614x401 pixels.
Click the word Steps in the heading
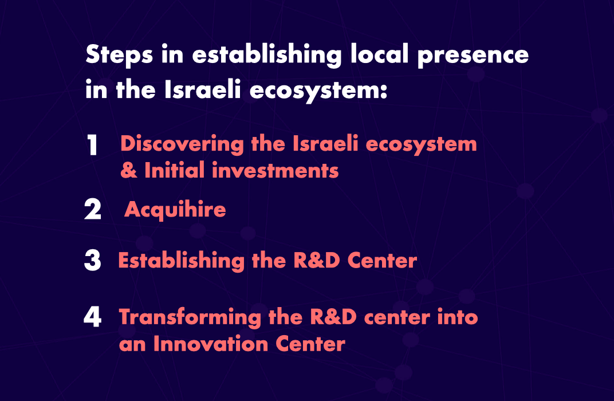[119, 55]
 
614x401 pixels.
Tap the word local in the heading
[379, 54]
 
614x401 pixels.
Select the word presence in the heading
[473, 56]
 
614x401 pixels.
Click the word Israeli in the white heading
[202, 89]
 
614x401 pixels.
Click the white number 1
[92, 145]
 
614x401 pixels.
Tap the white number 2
[93, 209]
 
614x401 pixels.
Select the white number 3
[93, 261]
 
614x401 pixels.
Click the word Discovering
[182, 144]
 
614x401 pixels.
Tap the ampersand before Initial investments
[129, 170]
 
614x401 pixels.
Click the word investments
[275, 171]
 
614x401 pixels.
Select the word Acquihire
[175, 210]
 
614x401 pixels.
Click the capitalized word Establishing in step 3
[182, 261]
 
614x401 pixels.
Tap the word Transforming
[190, 317]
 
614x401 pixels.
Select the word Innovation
[211, 344]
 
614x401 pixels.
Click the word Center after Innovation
[310, 344]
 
